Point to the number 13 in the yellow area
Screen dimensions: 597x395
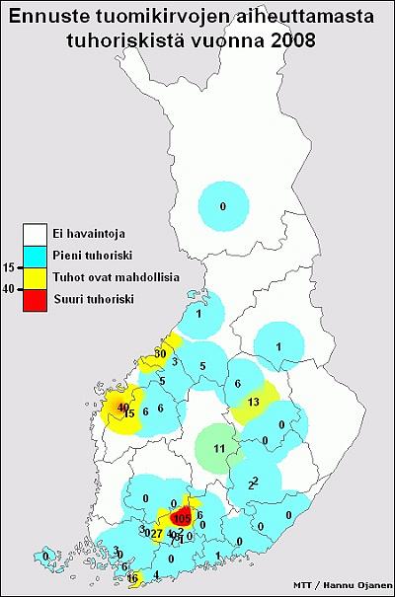tap(253, 402)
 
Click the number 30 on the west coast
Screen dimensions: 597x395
tap(161, 353)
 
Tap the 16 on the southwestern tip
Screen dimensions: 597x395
tap(133, 578)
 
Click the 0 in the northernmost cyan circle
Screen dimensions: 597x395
tap(223, 205)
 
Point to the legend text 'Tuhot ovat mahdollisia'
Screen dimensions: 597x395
tap(123, 277)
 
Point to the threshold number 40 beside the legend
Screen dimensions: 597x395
tap(9, 289)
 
